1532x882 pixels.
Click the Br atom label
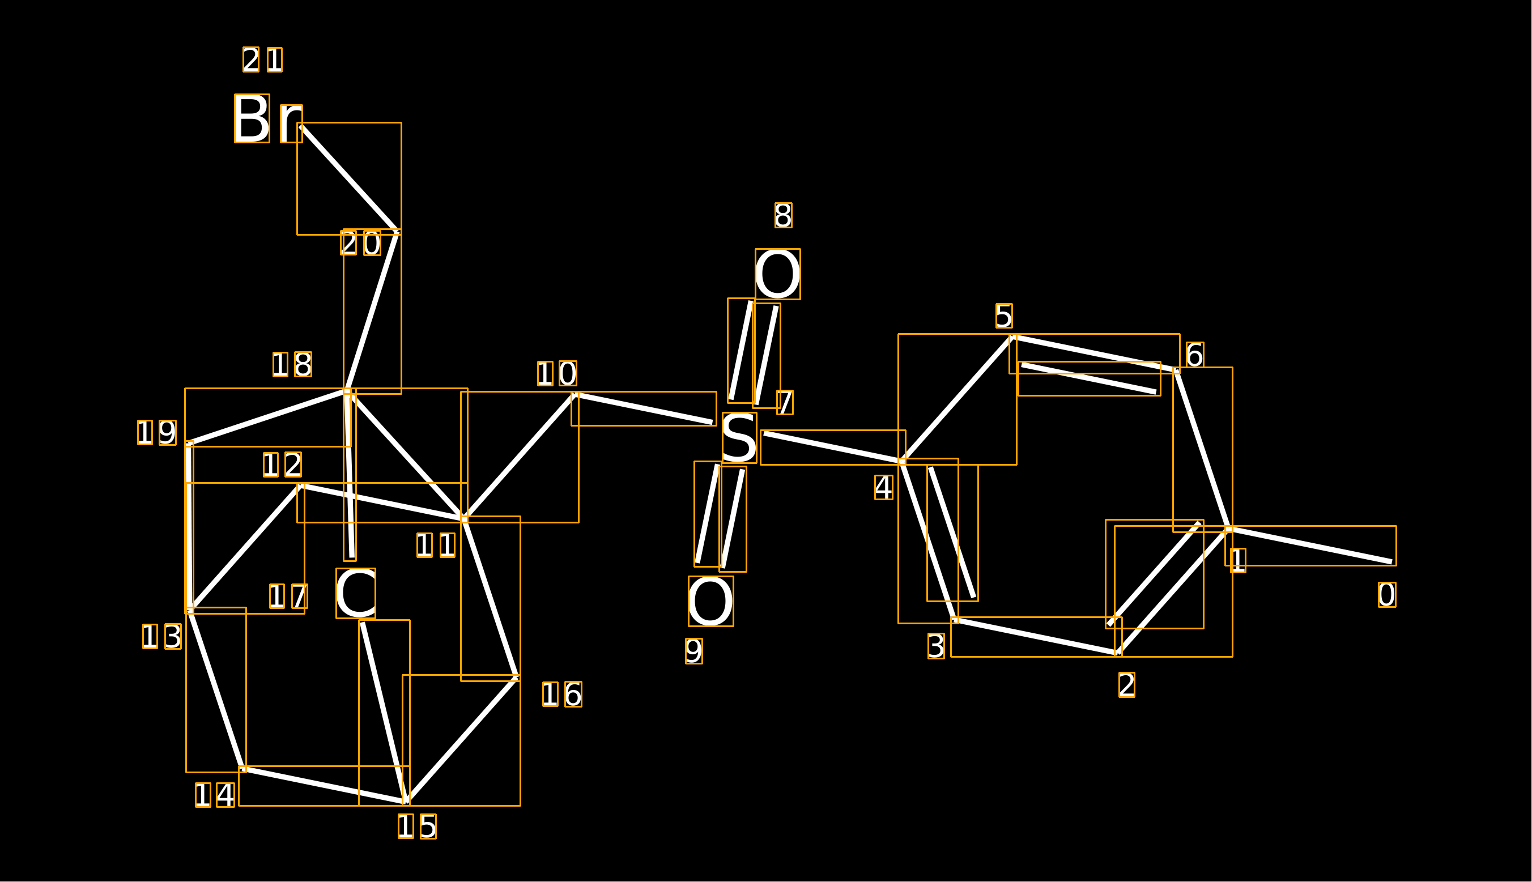pyautogui.click(x=269, y=118)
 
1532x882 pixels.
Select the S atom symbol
pyautogui.click(x=739, y=438)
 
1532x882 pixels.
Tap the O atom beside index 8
pyautogui.click(x=777, y=274)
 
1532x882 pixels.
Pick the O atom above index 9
pyautogui.click(x=710, y=601)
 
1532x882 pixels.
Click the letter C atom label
pyautogui.click(x=356, y=593)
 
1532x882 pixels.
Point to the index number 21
pyautogui.click(x=262, y=59)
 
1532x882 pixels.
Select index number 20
pyautogui.click(x=360, y=243)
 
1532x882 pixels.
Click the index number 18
pyautogui.click(x=292, y=364)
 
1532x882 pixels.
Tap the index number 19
pyautogui.click(x=157, y=433)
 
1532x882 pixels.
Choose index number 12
pyautogui.click(x=282, y=465)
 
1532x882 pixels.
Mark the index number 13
pyautogui.click(x=161, y=637)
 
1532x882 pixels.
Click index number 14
pyautogui.click(x=214, y=795)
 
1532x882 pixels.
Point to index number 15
pyautogui.click(x=417, y=826)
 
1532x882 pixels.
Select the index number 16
pyautogui.click(x=562, y=694)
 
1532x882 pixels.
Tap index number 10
pyautogui.click(x=557, y=374)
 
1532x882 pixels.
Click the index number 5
pyautogui.click(x=1004, y=316)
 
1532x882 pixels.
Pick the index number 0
pyautogui.click(x=1387, y=595)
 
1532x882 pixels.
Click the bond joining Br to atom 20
pyautogui.click(x=349, y=178)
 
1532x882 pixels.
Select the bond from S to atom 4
pyautogui.click(x=833, y=448)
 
